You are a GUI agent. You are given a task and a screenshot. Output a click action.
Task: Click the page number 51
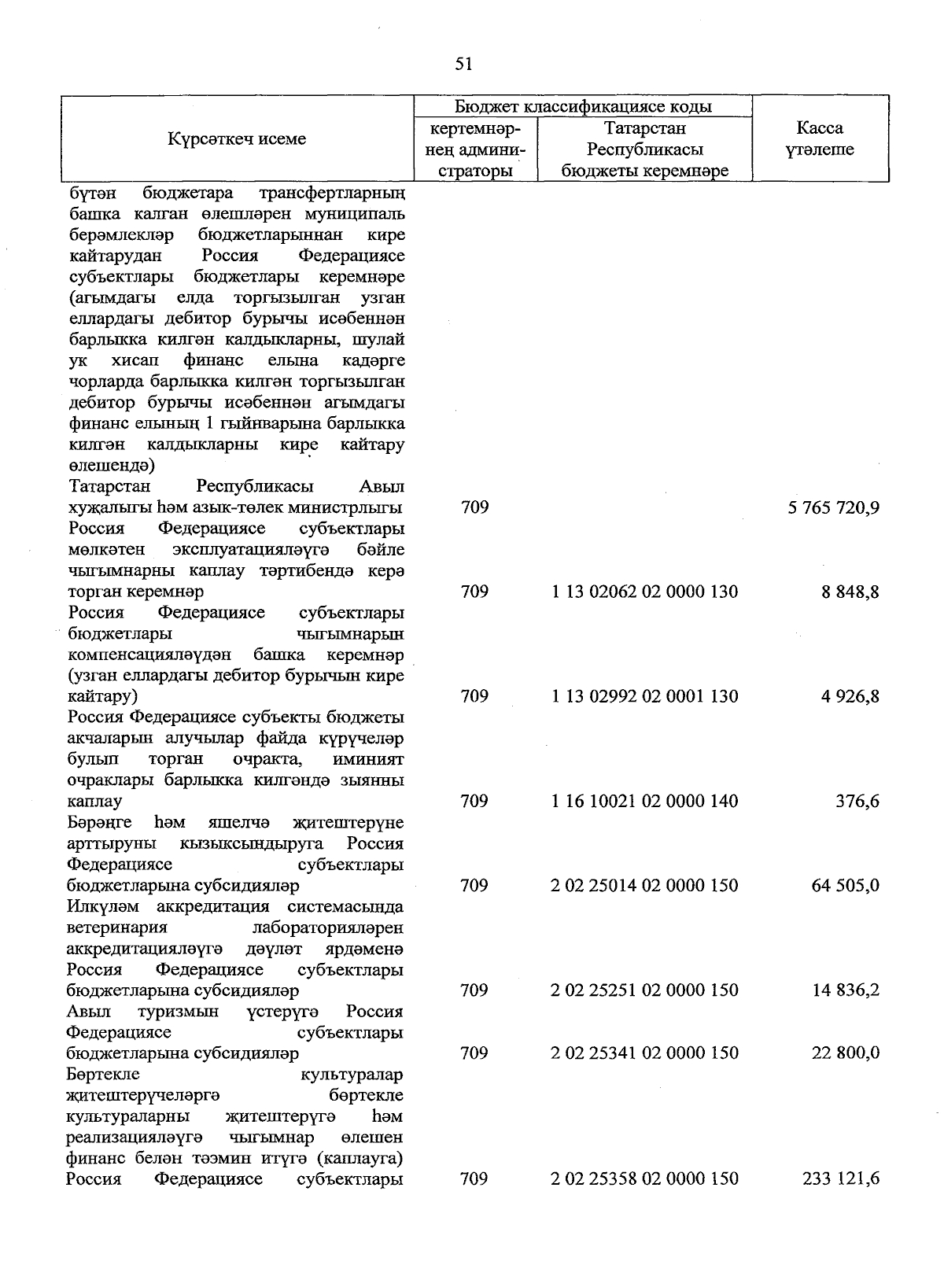464,64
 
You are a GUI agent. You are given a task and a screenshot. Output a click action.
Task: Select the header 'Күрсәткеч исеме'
237,139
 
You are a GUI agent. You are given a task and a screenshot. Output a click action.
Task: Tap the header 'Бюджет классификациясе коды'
583,106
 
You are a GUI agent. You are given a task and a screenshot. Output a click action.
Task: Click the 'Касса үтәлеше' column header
820,138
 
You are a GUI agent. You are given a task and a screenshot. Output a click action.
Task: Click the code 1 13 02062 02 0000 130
644,592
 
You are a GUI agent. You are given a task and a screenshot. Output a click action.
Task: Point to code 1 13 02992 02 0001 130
644,696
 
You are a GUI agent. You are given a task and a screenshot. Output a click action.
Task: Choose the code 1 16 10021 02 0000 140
644,802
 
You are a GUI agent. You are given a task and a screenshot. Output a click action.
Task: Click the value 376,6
857,802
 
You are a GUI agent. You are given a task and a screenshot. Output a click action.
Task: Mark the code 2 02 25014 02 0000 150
644,886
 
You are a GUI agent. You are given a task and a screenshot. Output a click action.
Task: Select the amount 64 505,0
846,886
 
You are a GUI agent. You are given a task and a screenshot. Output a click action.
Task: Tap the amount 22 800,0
846,1053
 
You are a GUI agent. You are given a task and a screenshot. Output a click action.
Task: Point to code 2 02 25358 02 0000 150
644,1179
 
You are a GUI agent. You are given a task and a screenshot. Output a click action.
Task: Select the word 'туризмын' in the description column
177,1012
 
